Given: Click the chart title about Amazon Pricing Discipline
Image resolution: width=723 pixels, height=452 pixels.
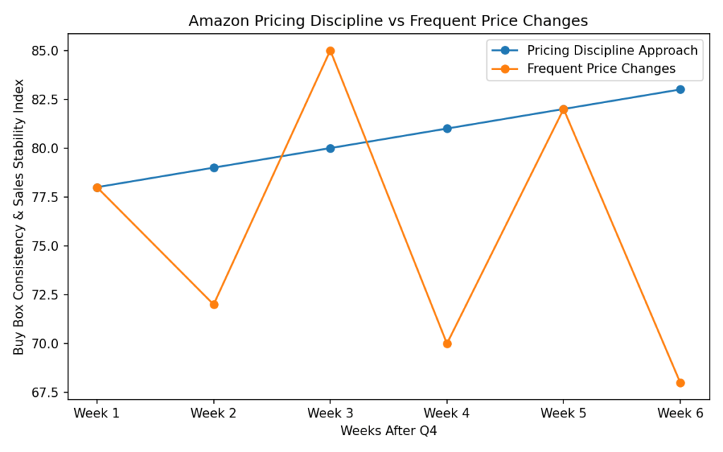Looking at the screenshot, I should click(388, 21).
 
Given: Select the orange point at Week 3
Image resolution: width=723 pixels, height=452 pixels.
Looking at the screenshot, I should click(330, 51).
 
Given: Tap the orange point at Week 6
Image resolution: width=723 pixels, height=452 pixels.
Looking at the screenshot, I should click(680, 383).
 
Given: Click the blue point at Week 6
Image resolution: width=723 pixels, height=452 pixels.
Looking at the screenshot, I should click(680, 90).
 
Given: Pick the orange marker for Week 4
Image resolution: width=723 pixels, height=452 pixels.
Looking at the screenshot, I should click(447, 344).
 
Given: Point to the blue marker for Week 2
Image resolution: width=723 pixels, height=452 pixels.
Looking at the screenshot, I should click(214, 168).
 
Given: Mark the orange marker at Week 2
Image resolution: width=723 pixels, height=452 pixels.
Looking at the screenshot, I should click(214, 304).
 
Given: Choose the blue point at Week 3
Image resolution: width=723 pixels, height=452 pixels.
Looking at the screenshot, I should click(330, 148).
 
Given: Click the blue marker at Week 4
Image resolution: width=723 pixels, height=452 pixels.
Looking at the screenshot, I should click(447, 129).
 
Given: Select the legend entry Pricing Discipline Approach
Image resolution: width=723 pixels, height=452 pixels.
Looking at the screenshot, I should click(612, 50).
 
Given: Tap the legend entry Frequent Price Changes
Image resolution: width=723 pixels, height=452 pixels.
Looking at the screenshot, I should click(601, 69).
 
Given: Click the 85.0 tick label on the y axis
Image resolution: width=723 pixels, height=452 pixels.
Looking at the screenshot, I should click(45, 51).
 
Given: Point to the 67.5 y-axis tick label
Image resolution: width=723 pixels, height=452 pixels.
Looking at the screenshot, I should click(45, 393).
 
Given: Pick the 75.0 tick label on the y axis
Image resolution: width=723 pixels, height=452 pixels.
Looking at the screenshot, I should click(45, 246).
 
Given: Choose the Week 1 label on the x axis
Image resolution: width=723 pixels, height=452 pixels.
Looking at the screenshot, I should click(97, 413).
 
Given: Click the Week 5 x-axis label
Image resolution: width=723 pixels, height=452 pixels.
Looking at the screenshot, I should click(563, 413).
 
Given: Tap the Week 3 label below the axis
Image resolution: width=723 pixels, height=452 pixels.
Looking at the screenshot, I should click(330, 413).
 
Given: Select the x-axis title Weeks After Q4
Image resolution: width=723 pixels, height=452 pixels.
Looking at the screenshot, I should click(388, 430).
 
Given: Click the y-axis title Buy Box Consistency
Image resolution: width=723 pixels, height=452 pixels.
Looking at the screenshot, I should click(19, 217).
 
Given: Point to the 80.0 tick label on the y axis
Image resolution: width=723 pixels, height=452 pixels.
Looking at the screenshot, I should click(45, 148).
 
